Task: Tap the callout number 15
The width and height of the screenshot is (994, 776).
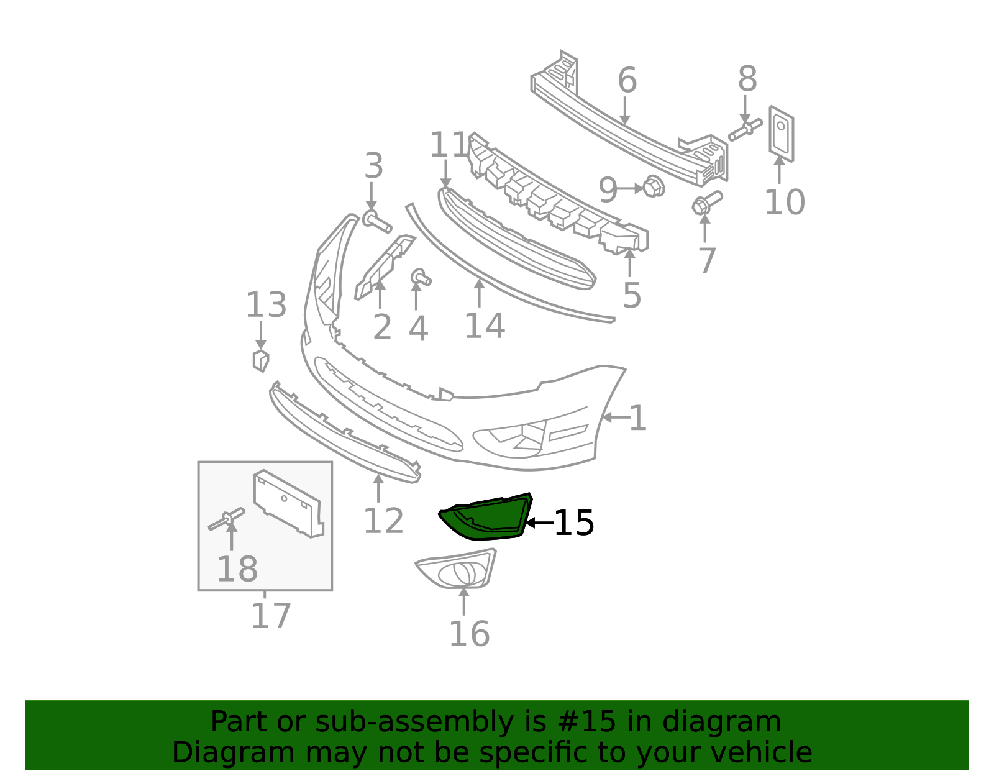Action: point(574,523)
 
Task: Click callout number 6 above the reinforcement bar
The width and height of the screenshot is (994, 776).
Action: point(627,80)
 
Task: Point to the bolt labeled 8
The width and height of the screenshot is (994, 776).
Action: point(745,129)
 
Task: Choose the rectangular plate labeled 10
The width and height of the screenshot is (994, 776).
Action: point(782,134)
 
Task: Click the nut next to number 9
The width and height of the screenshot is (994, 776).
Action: point(654,186)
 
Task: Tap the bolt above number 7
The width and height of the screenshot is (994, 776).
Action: point(707,203)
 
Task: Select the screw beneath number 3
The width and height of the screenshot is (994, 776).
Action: point(376,221)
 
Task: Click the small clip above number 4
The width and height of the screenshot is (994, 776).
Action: point(421,277)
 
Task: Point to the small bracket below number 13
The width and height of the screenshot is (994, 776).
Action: point(261,360)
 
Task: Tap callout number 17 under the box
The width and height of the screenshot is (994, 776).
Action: point(271,616)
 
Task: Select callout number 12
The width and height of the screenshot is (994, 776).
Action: point(383,521)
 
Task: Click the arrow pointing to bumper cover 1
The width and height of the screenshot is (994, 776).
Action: point(616,417)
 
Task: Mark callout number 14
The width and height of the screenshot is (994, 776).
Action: point(485,326)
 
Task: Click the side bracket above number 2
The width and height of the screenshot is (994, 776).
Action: point(384,268)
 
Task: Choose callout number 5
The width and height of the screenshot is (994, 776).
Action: point(632,295)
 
